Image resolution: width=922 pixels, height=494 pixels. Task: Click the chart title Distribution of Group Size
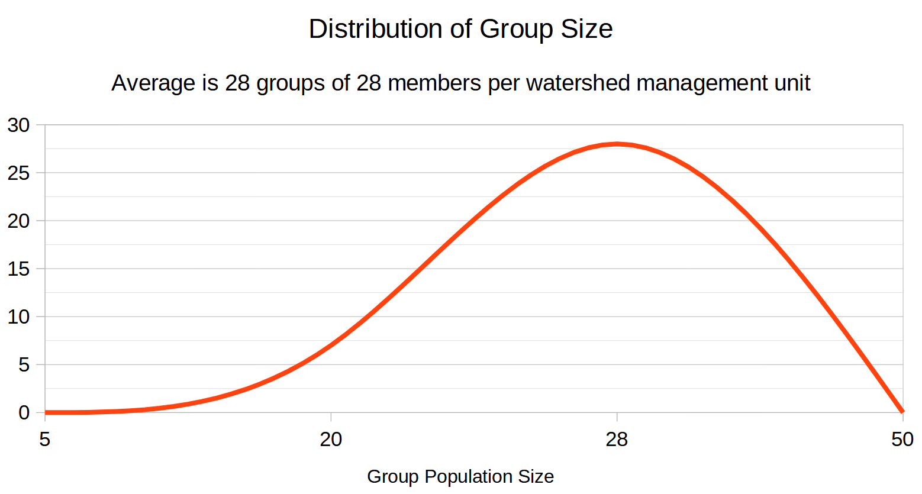click(x=460, y=29)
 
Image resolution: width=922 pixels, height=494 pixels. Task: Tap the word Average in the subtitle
click(x=153, y=83)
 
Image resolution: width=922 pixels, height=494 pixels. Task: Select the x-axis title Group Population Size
click(x=460, y=476)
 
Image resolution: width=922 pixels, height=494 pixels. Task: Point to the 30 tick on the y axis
click(x=18, y=125)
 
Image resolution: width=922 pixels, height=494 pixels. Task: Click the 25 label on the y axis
click(x=18, y=173)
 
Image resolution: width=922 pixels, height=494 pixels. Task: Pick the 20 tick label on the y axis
click(x=18, y=221)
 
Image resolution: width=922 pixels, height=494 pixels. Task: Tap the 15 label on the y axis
click(x=18, y=269)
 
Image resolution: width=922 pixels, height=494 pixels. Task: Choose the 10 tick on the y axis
click(x=18, y=317)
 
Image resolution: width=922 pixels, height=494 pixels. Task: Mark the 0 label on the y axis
click(x=24, y=412)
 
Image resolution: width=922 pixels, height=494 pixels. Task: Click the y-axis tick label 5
click(x=24, y=364)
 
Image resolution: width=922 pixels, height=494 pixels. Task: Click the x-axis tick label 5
click(x=45, y=440)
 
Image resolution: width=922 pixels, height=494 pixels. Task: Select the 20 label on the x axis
click(x=331, y=440)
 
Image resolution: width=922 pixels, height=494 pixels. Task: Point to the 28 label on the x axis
click(x=617, y=440)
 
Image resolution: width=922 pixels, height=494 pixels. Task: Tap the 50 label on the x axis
click(x=902, y=440)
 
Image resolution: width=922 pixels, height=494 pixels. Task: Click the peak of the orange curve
click(x=617, y=144)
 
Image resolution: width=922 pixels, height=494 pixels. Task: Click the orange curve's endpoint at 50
click(x=902, y=411)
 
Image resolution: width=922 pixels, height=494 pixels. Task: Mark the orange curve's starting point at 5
click(x=46, y=412)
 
